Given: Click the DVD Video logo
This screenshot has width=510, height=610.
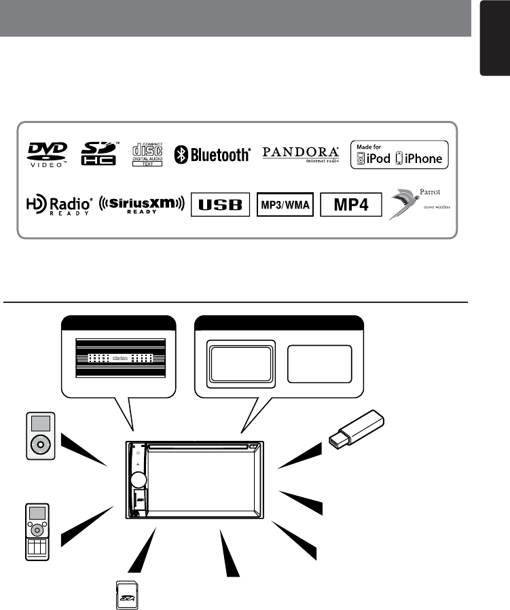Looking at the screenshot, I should coord(48,154).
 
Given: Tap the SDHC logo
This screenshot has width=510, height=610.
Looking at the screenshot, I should coord(98,154).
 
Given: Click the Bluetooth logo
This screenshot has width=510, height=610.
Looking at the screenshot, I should coord(213,155).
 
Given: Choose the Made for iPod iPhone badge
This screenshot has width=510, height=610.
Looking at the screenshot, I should coord(399,155).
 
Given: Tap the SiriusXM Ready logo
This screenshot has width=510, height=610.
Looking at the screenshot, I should coord(141,204).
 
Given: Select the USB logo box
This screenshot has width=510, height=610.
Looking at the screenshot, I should coord(221,204).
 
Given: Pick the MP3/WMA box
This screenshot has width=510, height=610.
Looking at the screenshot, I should coord(285,204).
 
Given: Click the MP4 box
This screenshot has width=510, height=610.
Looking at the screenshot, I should coord(351,204).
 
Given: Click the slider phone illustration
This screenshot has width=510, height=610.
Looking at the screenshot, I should coord(37,532).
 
